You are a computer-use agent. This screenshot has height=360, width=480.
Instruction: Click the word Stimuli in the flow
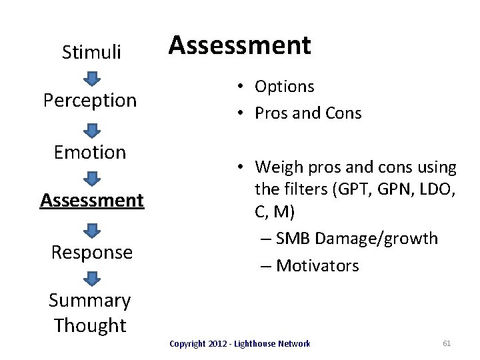coord(91,52)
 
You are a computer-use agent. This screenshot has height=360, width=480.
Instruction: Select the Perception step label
coord(90,100)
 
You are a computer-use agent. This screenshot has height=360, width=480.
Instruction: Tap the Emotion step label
coord(90,152)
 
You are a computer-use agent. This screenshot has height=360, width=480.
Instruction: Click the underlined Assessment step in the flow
coord(92,199)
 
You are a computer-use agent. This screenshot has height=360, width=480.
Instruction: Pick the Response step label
coord(92,252)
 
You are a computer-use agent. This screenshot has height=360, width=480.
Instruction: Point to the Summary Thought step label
coord(90,313)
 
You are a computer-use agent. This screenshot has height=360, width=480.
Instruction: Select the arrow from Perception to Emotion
coord(92,128)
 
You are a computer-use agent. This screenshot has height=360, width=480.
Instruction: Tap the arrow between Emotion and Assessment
coord(92,177)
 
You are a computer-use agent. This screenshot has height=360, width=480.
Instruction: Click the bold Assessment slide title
coord(239,45)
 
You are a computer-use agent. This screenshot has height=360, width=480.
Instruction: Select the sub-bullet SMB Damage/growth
coord(357,238)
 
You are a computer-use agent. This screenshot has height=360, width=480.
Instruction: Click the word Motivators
coord(317,265)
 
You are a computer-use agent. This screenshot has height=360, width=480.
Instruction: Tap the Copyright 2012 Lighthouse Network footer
coord(239,343)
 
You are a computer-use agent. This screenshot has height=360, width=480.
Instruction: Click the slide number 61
coord(447,343)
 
